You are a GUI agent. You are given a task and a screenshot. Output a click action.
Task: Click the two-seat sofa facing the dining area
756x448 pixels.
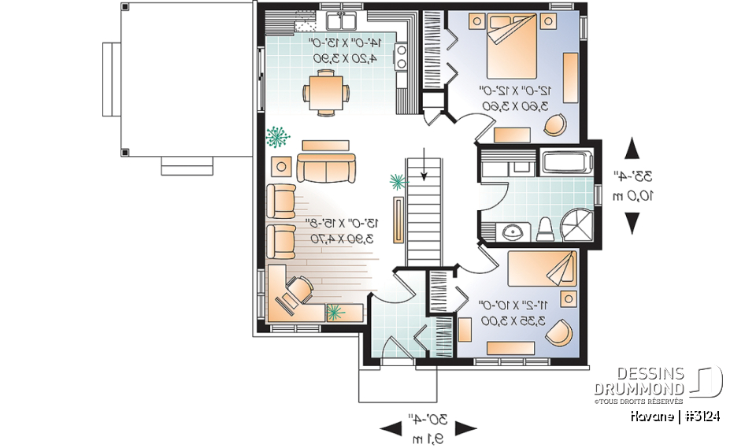click(x=325, y=168)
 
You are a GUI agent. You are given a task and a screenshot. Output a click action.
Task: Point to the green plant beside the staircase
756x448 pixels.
click(x=397, y=183)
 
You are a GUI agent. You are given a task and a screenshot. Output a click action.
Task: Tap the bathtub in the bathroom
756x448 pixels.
click(x=567, y=163)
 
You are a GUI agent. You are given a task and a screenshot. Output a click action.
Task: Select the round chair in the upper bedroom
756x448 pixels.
click(x=555, y=124)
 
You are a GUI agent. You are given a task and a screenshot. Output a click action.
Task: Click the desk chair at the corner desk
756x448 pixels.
click(x=295, y=292)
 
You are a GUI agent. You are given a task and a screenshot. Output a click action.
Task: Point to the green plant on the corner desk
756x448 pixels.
click(x=335, y=313)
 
